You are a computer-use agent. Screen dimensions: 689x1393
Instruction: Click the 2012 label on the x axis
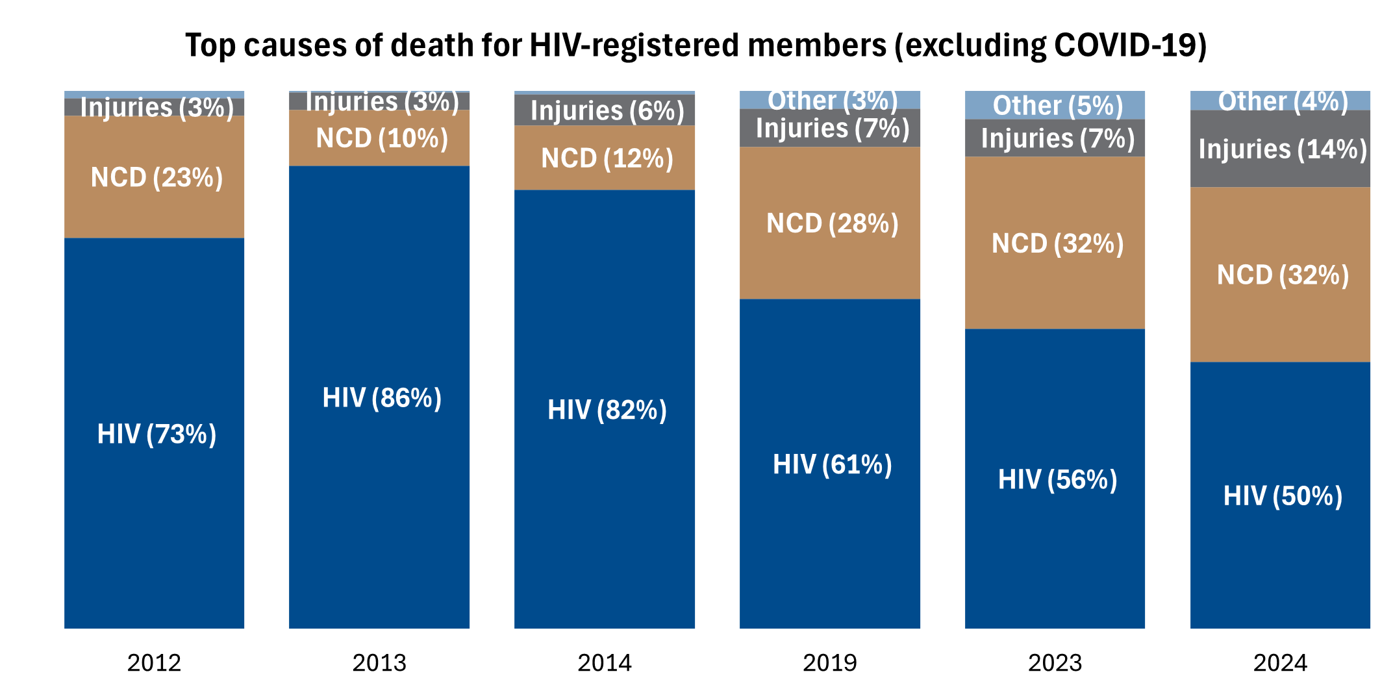pos(154,662)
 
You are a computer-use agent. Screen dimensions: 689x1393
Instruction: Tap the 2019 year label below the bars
pos(829,662)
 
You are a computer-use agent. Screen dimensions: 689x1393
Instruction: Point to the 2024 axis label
pos(1280,662)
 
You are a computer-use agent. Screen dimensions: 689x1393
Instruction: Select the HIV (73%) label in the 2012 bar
pos(157,434)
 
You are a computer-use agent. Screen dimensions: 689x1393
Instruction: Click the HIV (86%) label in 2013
pos(382,397)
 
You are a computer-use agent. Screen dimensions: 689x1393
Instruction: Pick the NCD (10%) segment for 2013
pos(382,138)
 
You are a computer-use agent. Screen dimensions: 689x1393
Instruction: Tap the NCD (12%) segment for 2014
pos(607,158)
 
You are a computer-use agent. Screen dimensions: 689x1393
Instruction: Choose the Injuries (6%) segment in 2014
pos(607,111)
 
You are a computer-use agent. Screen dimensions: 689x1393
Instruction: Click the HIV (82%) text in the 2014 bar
pos(607,410)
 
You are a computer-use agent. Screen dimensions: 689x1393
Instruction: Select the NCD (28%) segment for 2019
pos(832,223)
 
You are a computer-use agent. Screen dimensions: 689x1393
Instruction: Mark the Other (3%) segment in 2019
pos(832,101)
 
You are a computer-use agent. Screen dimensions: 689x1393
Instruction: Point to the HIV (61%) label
pos(832,464)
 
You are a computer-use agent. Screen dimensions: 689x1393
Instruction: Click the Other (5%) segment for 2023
pos(1057,106)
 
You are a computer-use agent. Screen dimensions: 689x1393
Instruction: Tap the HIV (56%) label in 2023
pos(1057,479)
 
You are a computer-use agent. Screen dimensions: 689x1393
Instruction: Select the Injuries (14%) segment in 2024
pos(1283,149)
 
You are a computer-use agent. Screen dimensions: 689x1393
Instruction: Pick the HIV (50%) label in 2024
pos(1283,495)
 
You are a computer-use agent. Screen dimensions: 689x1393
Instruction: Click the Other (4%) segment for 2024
pos(1283,101)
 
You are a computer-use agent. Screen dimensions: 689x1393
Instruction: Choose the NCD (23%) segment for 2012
pos(157,177)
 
